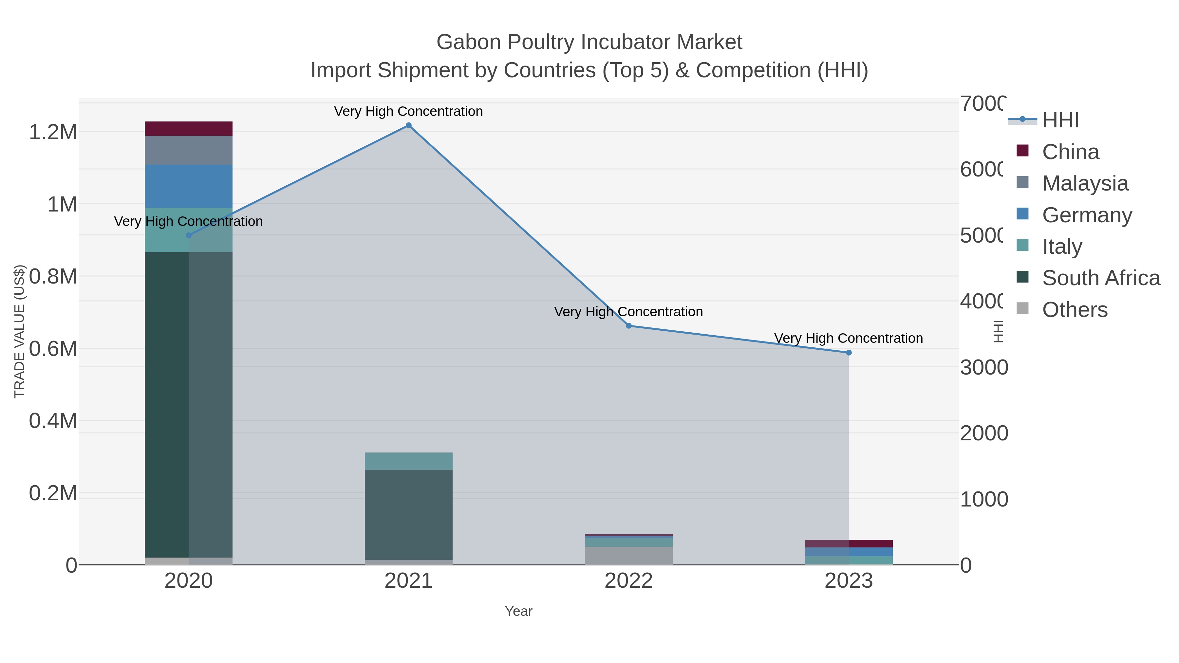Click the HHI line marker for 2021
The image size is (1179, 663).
tap(408, 125)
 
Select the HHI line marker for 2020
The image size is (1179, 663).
tap(189, 235)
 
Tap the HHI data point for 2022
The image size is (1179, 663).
tap(628, 326)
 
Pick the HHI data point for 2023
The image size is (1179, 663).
tap(849, 352)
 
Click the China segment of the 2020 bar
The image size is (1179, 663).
tap(189, 129)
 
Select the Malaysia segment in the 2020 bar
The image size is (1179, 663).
tap(189, 150)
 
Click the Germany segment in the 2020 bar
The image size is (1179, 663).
tap(189, 186)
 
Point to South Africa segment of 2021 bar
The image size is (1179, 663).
tap(408, 514)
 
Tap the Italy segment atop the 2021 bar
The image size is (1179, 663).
tap(408, 461)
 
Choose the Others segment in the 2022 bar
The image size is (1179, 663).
tap(628, 556)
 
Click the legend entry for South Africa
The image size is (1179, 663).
tap(1101, 278)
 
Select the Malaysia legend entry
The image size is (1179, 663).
tap(1085, 183)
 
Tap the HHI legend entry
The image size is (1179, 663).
tap(1060, 120)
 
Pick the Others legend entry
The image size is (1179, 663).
tap(1075, 310)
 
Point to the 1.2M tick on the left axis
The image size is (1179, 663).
tap(53, 132)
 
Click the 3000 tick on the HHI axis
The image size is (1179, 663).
tap(983, 367)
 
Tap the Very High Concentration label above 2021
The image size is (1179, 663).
tap(408, 111)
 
